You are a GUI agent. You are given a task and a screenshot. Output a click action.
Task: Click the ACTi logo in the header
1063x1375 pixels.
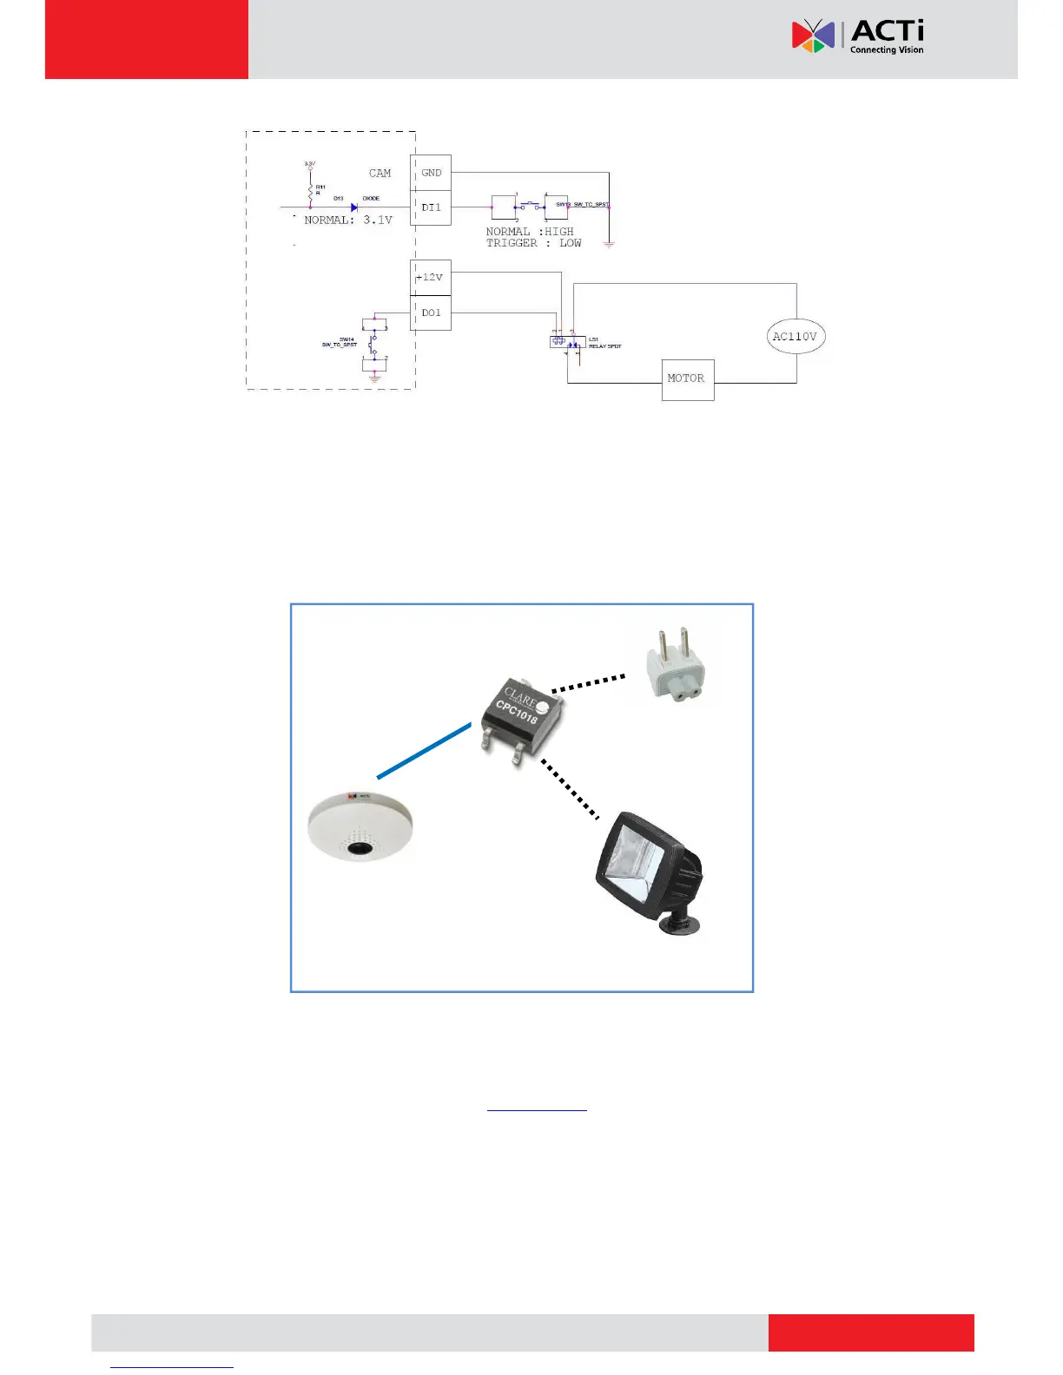pos(857,36)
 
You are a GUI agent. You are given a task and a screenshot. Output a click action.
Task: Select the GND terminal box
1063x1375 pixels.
pos(431,173)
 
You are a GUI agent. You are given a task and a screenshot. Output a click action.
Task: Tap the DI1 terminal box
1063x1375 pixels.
pos(431,207)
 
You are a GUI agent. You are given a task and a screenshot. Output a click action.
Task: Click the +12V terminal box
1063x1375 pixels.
pos(431,278)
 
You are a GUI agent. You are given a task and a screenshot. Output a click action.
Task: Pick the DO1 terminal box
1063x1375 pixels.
pos(431,312)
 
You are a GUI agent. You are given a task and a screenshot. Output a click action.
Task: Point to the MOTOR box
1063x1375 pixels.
pos(687,379)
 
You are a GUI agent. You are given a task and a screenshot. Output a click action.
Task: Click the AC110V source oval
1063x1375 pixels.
pos(796,337)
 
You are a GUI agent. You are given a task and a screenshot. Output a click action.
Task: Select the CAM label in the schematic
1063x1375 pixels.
pos(380,174)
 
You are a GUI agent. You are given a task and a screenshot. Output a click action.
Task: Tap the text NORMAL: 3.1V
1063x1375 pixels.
pos(348,220)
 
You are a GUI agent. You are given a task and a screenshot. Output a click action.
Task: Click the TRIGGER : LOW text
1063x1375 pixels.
pos(533,243)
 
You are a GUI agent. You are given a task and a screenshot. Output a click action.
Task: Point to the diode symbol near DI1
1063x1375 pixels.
pos(354,207)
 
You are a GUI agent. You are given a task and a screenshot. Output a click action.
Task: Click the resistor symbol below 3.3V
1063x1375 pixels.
pos(310,190)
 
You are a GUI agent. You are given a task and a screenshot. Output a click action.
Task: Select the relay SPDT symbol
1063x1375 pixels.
pos(568,342)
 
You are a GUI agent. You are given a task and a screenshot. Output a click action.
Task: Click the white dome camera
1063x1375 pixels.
pos(360,826)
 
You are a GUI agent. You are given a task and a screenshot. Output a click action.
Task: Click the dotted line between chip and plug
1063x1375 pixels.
pos(588,683)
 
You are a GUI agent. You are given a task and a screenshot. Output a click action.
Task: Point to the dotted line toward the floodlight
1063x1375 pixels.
pos(570,789)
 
